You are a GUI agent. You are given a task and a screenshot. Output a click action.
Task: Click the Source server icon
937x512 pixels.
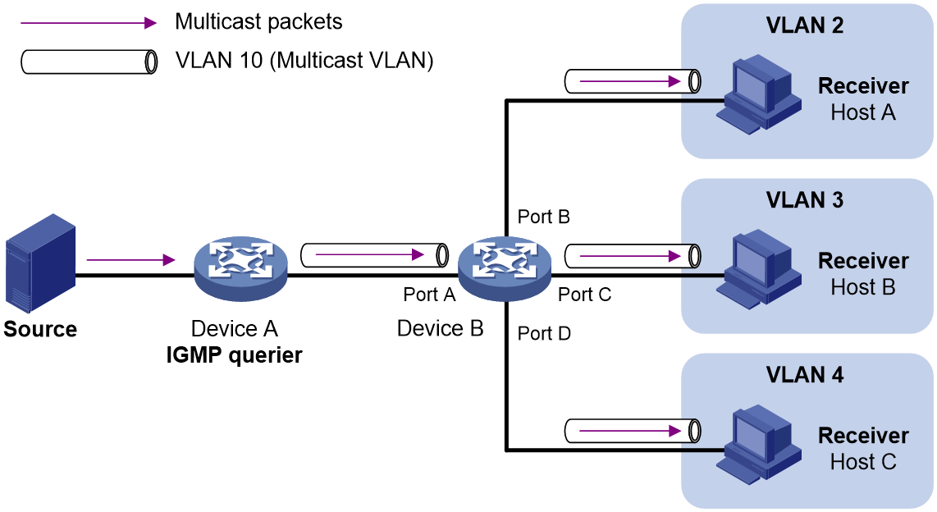(41, 263)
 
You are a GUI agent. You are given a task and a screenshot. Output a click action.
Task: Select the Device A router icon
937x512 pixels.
(241, 267)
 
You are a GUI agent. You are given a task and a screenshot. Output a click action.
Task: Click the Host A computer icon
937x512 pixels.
(759, 94)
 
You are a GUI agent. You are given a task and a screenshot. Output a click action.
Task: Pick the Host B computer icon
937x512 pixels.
(759, 269)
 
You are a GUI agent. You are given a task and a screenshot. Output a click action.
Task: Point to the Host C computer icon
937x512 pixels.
(759, 444)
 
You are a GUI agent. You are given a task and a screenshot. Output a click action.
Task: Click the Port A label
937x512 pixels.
(429, 295)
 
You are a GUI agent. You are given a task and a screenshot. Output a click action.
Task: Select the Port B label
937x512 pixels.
(544, 217)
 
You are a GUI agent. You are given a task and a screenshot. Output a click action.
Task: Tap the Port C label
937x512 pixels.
(584, 295)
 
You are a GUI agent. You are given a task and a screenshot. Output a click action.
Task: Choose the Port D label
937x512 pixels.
(544, 333)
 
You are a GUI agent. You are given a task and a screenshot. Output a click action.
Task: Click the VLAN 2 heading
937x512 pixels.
(804, 25)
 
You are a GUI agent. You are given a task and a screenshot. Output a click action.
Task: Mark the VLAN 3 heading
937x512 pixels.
(804, 200)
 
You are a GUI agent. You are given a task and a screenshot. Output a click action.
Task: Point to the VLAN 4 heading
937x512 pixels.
(804, 375)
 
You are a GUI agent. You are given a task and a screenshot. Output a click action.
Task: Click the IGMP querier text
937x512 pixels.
(235, 355)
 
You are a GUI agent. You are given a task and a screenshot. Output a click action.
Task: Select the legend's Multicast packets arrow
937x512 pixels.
(89, 23)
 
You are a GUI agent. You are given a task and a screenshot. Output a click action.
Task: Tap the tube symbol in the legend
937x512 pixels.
(89, 62)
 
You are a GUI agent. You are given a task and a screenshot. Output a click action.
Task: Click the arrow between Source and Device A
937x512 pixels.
(130, 260)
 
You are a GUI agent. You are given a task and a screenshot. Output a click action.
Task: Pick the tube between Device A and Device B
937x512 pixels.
(374, 255)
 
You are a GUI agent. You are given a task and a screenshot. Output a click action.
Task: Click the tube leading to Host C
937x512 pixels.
(633, 431)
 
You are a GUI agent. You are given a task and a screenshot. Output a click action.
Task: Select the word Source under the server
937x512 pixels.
(40, 329)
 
